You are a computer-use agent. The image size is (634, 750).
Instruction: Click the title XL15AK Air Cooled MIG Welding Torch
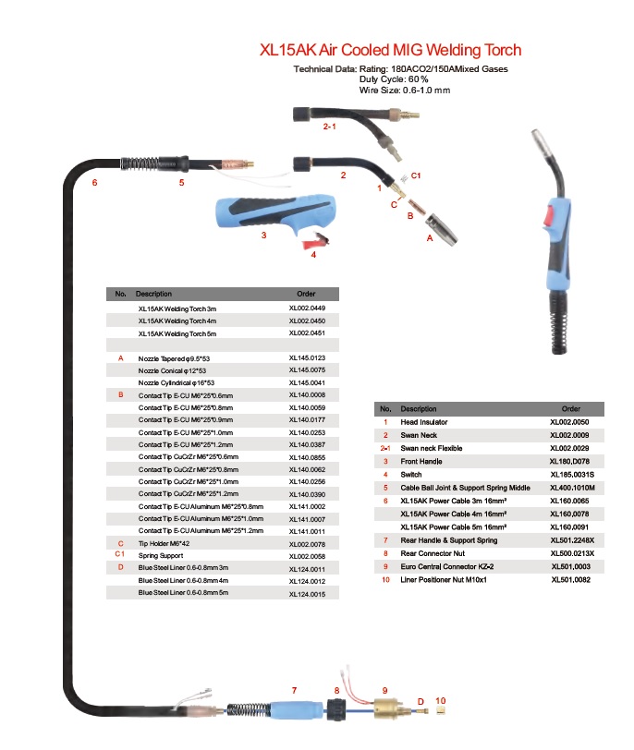(390, 51)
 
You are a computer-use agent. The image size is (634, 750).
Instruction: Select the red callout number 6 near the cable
(93, 182)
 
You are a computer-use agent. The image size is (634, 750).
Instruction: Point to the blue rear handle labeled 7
(293, 708)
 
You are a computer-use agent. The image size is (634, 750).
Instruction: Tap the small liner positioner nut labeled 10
(441, 712)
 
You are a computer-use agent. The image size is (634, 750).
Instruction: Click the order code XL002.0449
(307, 308)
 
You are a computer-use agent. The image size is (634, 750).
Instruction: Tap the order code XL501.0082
(570, 579)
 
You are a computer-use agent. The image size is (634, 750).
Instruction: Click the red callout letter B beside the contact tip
(409, 214)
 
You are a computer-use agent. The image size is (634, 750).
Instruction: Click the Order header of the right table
(571, 408)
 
